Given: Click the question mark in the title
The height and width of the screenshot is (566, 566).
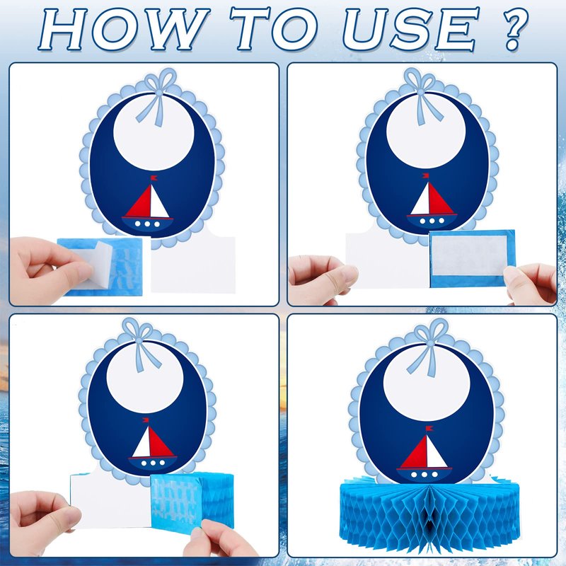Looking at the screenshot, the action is tap(512, 30).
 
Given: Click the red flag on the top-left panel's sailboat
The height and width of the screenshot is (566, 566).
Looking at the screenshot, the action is tap(154, 178).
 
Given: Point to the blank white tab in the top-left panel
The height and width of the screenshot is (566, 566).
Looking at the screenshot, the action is tap(193, 262).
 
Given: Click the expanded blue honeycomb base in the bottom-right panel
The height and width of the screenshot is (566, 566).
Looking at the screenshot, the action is tap(429, 515).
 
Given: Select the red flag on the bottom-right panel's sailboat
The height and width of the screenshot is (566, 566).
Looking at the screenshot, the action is tap(429, 429).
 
